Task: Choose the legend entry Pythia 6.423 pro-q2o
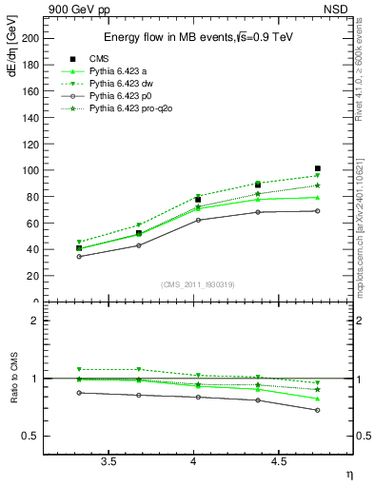pos(135,110)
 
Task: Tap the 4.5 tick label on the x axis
pos(278,461)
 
